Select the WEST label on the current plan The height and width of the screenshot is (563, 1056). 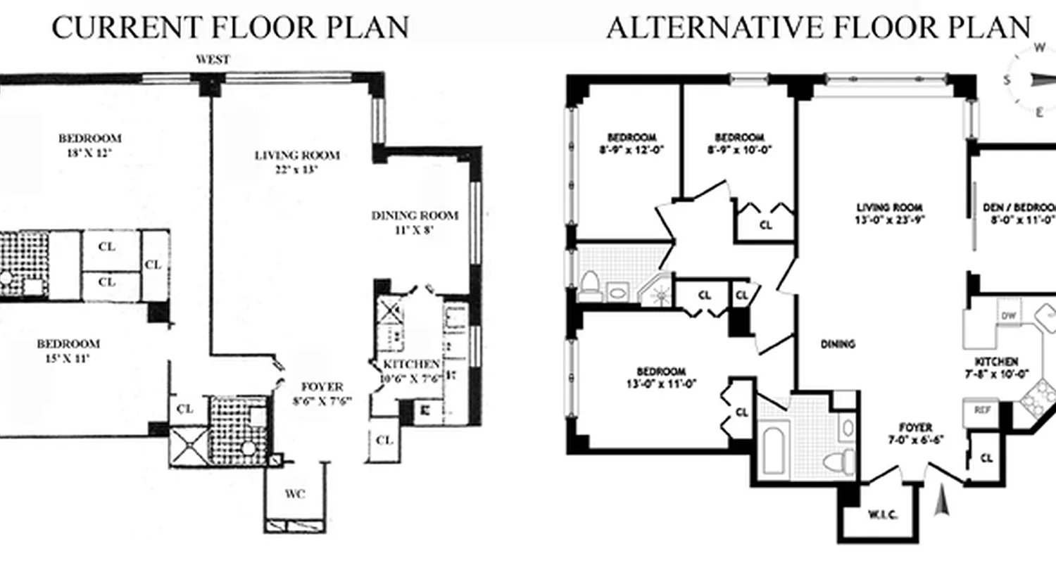212,61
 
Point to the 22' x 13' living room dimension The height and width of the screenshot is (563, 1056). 296,169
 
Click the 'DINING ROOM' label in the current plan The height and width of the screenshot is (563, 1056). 415,215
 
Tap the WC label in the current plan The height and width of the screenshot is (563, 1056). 296,494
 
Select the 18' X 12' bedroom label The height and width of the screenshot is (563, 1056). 90,151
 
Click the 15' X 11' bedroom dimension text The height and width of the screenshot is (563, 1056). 68,358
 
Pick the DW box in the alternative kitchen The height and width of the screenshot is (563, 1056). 1009,316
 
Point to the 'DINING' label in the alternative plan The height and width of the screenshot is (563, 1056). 838,344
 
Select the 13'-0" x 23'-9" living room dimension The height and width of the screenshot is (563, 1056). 889,219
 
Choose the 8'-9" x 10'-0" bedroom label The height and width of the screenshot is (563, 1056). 738,149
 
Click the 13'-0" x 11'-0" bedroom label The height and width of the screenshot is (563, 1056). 660,384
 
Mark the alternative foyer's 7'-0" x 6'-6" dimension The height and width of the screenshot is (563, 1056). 915,441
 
